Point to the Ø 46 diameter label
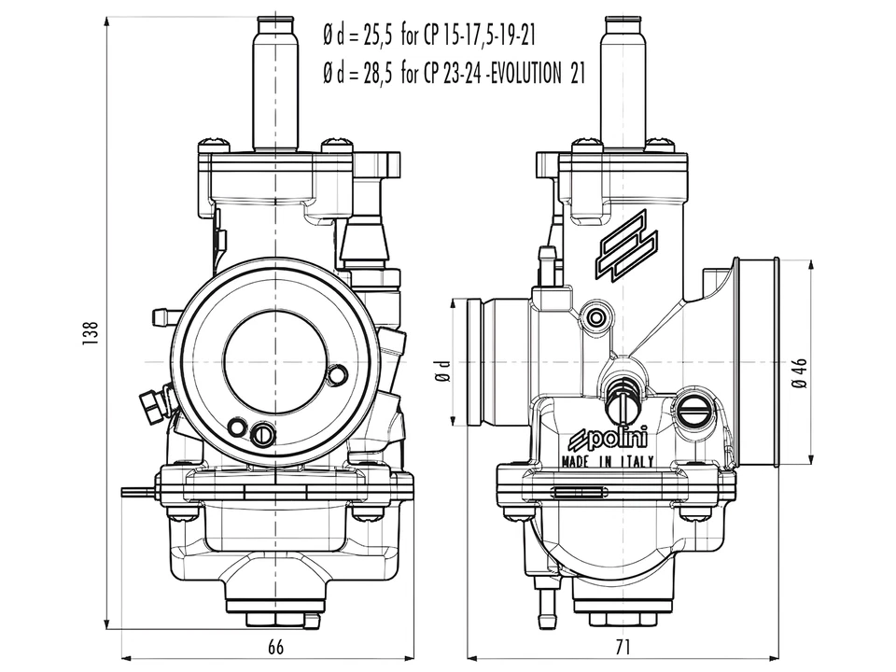point(799,371)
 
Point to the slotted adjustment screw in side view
point(694,407)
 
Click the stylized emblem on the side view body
point(628,246)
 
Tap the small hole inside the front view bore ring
point(338,374)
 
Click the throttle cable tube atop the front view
point(275,84)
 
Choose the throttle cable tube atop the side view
point(623,84)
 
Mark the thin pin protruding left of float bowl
point(138,491)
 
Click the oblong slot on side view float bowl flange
point(579,492)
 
